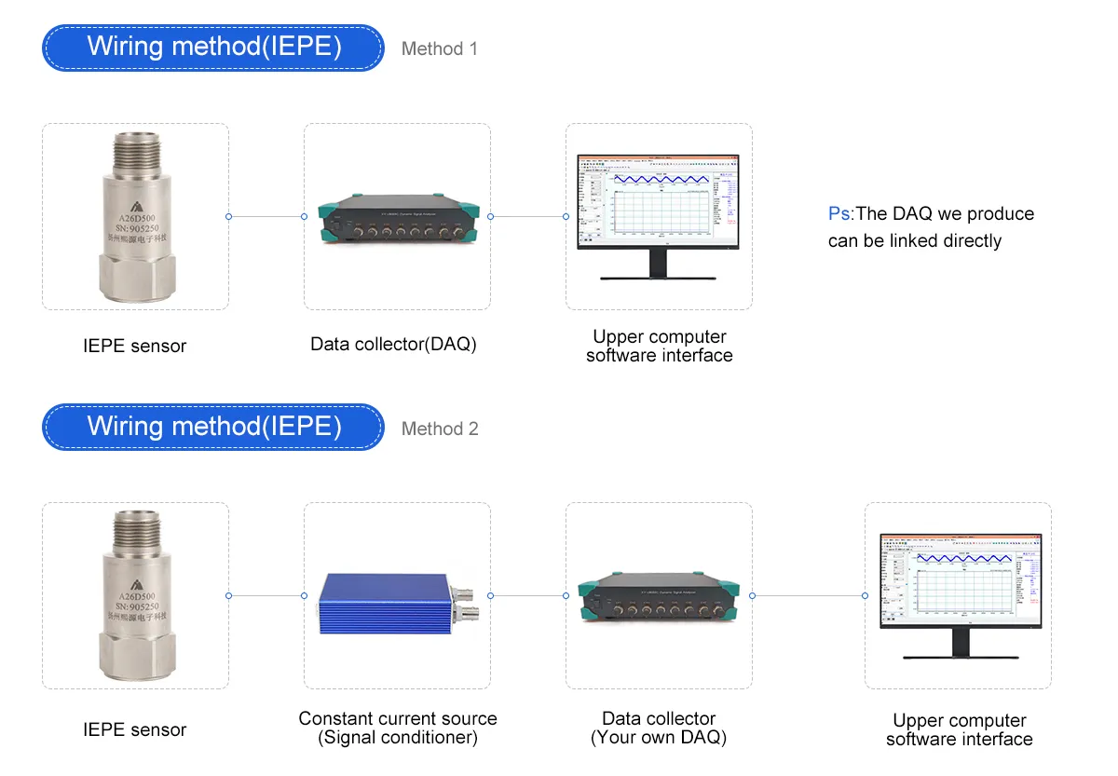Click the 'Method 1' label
coord(439,48)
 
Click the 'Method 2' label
coord(440,429)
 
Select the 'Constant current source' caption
coord(398,718)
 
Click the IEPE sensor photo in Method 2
coord(135,595)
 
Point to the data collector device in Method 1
coord(397,218)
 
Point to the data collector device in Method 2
coord(659,596)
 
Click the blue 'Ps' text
coord(838,213)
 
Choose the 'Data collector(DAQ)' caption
coord(393,344)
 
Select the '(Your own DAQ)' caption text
coord(659,738)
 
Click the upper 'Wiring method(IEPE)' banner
coord(213,47)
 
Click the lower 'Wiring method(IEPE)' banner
coord(213,427)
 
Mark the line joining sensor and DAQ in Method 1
coord(266,216)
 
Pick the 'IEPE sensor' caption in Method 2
coord(135,729)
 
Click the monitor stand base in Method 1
coord(659,276)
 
